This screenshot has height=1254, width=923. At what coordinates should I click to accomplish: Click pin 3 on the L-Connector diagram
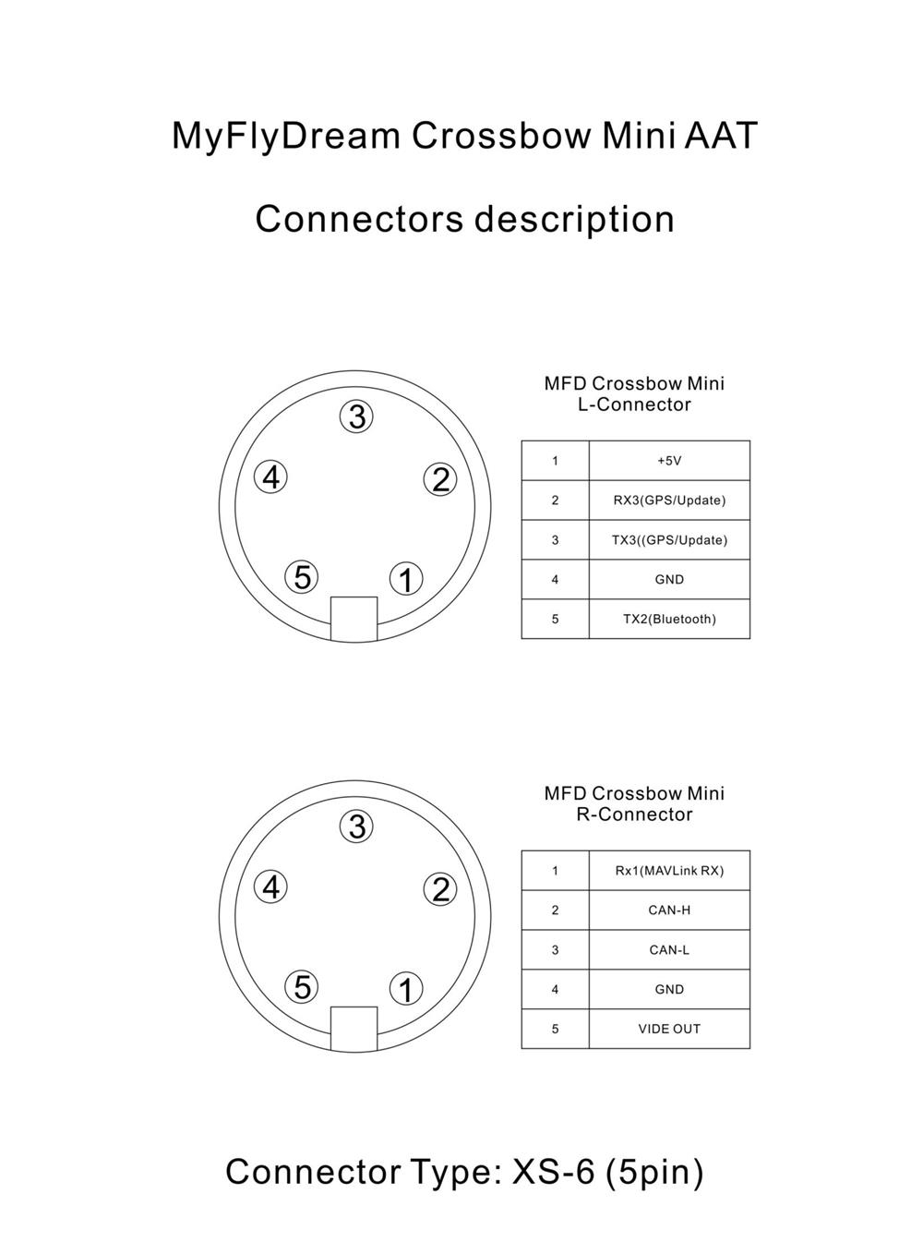click(356, 416)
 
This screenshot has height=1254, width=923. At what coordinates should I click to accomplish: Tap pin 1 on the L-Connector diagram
click(406, 579)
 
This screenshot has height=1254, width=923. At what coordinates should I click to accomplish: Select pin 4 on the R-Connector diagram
click(271, 887)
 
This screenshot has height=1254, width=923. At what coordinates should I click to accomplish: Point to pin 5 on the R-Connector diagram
click(302, 987)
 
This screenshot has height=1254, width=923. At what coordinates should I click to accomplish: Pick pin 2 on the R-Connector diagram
click(440, 889)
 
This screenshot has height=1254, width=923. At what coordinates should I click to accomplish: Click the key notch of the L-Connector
click(354, 619)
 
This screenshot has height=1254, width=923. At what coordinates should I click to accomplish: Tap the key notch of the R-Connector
click(354, 1029)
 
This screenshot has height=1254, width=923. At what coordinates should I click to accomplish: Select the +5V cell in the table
click(669, 461)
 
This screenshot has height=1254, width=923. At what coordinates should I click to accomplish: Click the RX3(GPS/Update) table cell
click(669, 500)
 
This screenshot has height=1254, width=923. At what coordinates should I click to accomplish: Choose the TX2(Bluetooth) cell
click(669, 619)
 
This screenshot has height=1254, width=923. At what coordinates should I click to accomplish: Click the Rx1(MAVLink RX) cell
click(669, 871)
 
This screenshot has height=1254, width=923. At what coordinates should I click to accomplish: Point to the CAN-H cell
click(669, 910)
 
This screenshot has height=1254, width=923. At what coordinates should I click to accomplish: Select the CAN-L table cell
click(669, 950)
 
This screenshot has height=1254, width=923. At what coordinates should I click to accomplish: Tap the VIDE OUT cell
click(669, 1029)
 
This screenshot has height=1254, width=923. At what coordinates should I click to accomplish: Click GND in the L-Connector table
click(669, 579)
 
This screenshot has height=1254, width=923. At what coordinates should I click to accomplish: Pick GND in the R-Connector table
click(669, 989)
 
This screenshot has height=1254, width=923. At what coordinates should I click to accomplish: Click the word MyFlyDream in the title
click(286, 136)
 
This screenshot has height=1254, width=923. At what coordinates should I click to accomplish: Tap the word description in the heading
click(574, 220)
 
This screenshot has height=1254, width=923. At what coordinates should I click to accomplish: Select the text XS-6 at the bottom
click(553, 1171)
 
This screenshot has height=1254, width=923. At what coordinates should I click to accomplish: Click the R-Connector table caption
click(634, 803)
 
